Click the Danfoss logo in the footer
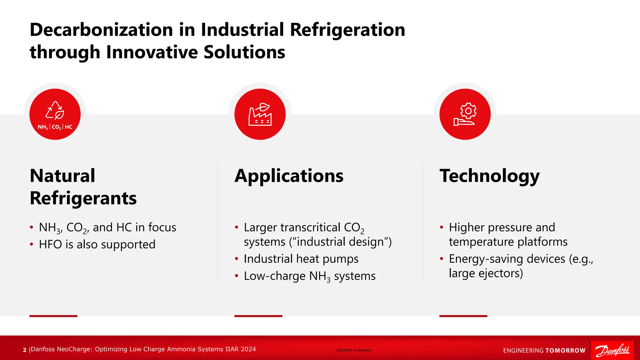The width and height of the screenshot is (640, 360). coord(612,350)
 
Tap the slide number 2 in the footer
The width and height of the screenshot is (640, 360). coord(25,350)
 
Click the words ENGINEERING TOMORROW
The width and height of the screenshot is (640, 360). coord(544,351)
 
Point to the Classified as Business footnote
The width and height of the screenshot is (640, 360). coord(354,350)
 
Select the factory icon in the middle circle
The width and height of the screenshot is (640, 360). coord(260,114)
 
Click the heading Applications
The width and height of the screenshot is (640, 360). coord(289,176)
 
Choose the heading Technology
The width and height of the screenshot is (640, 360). coord(489,176)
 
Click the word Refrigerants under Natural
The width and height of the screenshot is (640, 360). coord(83,198)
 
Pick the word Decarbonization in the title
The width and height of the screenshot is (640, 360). coord(101,30)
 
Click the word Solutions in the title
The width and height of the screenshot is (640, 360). coord(244,52)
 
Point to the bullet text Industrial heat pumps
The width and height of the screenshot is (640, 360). coord(301,259)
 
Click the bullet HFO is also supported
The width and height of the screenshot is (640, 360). coord(97,244)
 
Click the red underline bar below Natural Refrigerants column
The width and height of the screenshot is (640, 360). coord(53,316)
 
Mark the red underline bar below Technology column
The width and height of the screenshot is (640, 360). coord(463,316)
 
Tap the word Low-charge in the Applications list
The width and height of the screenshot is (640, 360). coord(274,276)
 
